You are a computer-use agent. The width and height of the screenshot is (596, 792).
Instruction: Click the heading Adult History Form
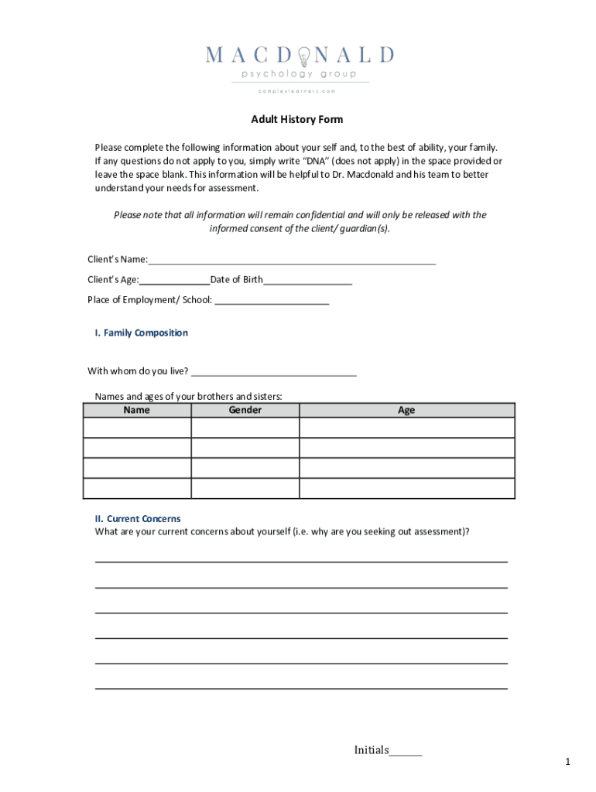pyautogui.click(x=296, y=120)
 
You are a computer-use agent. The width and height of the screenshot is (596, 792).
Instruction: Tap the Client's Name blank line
pyautogui.click(x=292, y=259)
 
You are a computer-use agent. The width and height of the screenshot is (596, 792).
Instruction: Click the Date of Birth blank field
pyautogui.click(x=307, y=279)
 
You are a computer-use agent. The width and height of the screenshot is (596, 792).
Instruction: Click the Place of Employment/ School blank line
pyautogui.click(x=272, y=299)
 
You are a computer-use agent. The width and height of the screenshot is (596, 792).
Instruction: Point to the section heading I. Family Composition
pyautogui.click(x=141, y=333)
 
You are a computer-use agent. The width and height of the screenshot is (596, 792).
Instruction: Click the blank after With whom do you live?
pyautogui.click(x=274, y=371)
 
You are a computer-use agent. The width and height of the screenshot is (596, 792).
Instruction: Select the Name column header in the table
pyautogui.click(x=137, y=410)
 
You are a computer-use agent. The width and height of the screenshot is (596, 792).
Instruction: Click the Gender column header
pyautogui.click(x=245, y=410)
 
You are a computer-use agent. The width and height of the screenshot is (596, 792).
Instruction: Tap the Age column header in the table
pyautogui.click(x=406, y=410)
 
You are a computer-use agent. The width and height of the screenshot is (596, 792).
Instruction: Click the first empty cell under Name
pyautogui.click(x=137, y=428)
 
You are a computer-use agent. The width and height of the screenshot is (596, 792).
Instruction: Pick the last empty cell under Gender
pyautogui.click(x=245, y=488)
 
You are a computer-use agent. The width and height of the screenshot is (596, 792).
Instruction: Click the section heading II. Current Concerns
pyautogui.click(x=138, y=519)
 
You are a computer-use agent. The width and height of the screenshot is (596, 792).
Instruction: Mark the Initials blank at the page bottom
pyautogui.click(x=406, y=751)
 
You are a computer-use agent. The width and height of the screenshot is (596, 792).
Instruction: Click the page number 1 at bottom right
pyautogui.click(x=567, y=763)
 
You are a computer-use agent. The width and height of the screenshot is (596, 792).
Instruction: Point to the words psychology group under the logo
pyautogui.click(x=299, y=74)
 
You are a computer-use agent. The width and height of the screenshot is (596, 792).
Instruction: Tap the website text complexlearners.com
pyautogui.click(x=298, y=90)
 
